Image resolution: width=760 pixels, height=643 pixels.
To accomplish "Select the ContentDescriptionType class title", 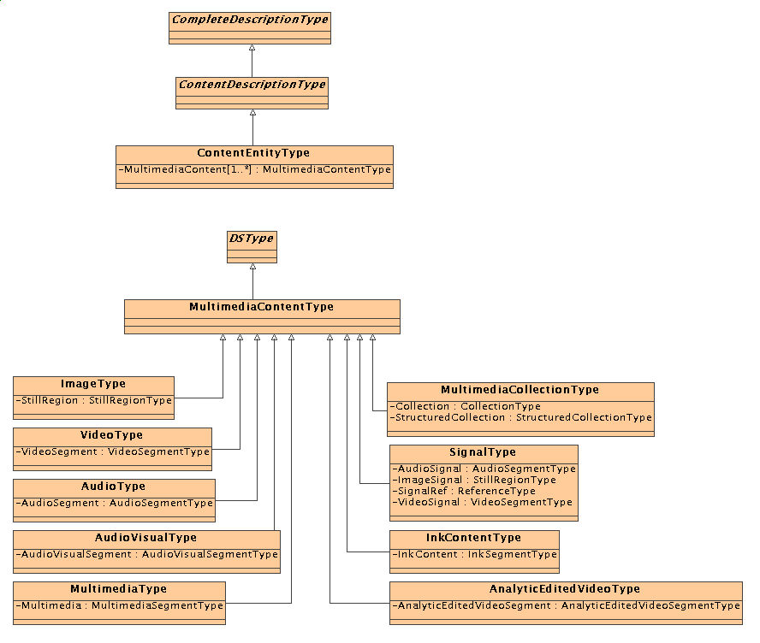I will pos(252,85).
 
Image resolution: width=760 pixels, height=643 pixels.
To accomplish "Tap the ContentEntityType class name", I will pos(254,153).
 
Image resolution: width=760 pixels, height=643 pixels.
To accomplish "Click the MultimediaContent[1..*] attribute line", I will pos(254,169).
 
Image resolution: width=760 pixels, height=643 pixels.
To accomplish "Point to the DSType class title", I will pos(252,239).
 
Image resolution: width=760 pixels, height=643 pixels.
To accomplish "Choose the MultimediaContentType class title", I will pos(262,307).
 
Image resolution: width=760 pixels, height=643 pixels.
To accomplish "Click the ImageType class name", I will pos(93,384).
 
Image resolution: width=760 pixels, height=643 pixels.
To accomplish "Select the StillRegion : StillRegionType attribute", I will pos(93,400).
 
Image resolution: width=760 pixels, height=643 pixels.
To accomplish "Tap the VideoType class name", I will pos(112,435).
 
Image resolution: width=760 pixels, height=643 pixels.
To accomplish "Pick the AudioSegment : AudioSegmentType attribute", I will pos(114,503).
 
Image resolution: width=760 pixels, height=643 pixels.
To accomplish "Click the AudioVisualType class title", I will pos(146,538).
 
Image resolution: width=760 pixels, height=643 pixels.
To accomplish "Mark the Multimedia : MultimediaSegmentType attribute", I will pos(119,605).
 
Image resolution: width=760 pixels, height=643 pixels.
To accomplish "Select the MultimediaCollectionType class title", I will pos(520,389).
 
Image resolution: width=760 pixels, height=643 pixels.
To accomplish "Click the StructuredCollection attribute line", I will pos(520,417).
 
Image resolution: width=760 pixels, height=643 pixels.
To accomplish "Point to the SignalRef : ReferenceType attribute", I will pos(463,491).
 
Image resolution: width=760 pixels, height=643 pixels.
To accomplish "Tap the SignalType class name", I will pos(483,451).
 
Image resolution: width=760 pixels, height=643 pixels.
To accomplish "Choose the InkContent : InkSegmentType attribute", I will pos(474,554).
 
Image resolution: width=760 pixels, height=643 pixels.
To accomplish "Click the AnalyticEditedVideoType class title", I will pos(565,589).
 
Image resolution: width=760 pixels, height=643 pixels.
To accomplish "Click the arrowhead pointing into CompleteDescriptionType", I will pos(252,49).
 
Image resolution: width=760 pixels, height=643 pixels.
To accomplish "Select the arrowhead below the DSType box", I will pos(252,270).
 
